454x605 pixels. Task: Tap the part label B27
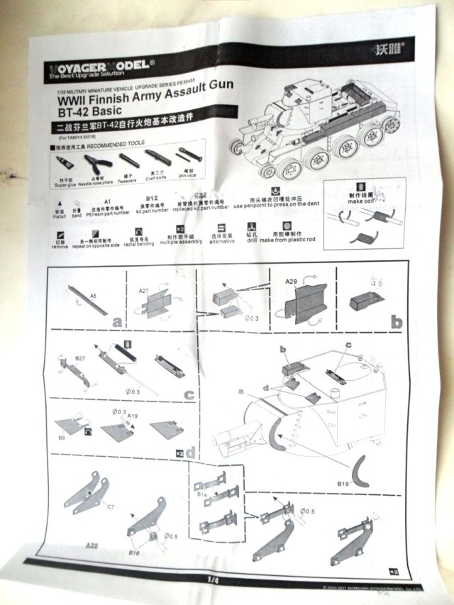click(x=80, y=360)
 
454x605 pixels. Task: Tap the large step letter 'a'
click(x=116, y=321)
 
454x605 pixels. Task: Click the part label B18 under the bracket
click(x=134, y=550)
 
